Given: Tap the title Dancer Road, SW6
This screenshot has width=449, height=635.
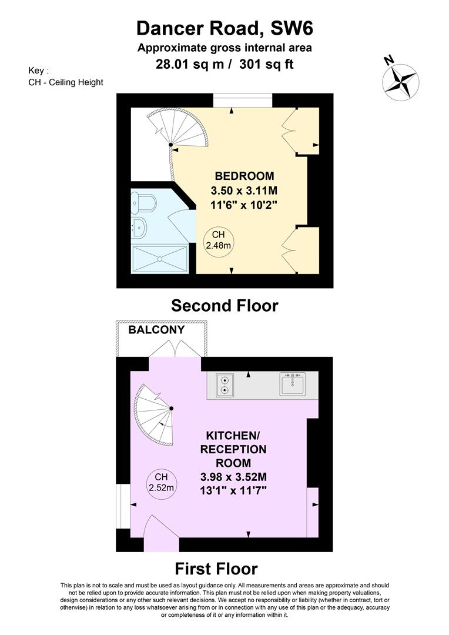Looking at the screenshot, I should point(224,28).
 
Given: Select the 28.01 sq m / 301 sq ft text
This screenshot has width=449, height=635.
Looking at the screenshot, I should point(224,63).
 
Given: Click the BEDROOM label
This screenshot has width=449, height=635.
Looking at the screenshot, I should point(244,176).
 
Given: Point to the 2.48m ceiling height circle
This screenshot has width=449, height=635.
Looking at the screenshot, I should point(216,241).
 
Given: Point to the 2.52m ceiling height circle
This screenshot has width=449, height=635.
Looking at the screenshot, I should point(162,483).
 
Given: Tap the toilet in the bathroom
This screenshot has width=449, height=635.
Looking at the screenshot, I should point(145,203).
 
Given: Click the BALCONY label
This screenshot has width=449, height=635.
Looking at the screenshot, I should point(157,330).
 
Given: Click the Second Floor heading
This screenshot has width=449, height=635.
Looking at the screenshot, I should point(224,306).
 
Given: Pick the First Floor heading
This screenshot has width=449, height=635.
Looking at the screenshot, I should point(216,569).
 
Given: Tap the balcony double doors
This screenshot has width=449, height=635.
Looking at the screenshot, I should point(175,350).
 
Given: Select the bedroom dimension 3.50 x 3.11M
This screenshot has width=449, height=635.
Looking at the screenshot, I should point(244,190).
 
